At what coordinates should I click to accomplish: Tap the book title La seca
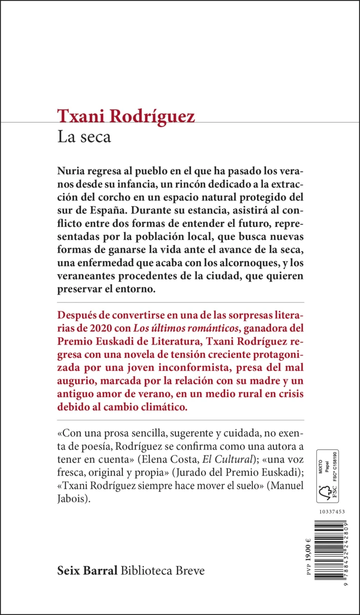point(84,137)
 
